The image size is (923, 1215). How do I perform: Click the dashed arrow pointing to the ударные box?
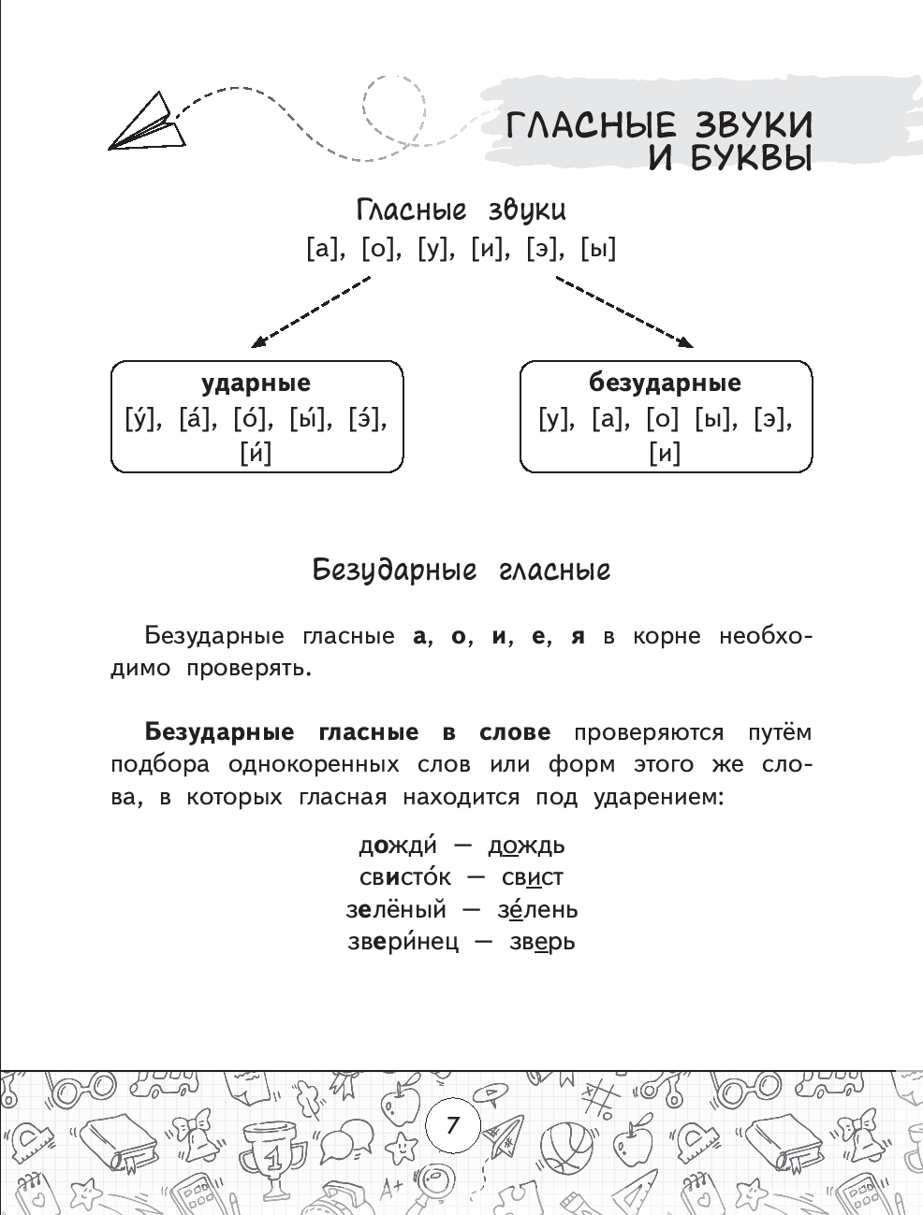(x=311, y=311)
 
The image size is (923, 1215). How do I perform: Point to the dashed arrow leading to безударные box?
(x=624, y=311)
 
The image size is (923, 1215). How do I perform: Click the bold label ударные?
(x=256, y=383)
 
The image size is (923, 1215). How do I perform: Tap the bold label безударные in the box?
(x=665, y=383)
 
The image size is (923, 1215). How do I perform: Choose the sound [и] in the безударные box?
(x=665, y=454)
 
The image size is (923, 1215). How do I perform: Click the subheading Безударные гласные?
(x=461, y=570)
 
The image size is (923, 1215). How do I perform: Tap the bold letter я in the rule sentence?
(x=578, y=637)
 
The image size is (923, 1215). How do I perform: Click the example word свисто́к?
(x=404, y=877)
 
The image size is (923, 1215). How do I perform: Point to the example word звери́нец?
(x=403, y=941)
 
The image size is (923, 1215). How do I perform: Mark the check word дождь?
(x=526, y=846)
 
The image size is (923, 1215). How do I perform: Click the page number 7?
(x=453, y=1123)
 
